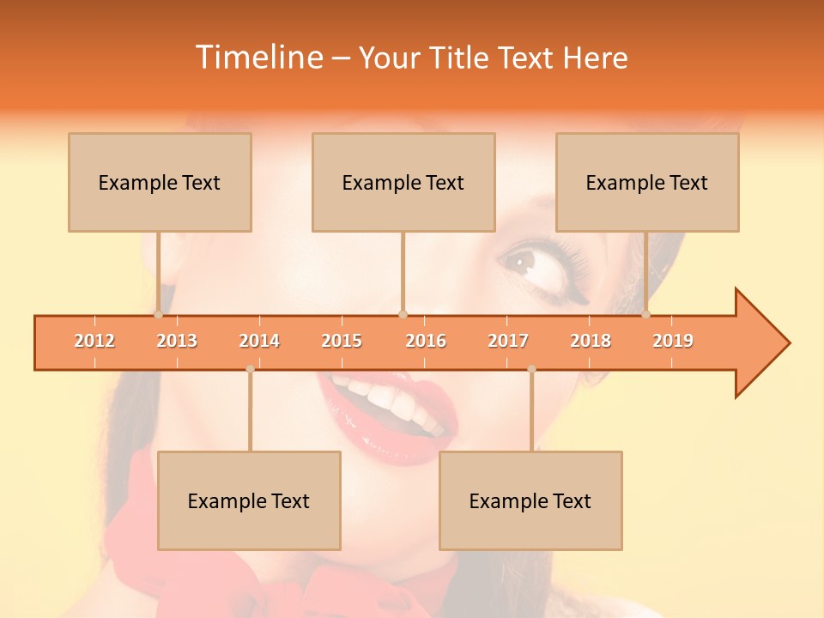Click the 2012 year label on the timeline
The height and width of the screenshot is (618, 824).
pyautogui.click(x=94, y=341)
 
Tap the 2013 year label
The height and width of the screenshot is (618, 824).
pyautogui.click(x=177, y=341)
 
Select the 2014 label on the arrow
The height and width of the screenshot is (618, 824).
pyautogui.click(x=259, y=341)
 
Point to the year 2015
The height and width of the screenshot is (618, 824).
pyautogui.click(x=342, y=341)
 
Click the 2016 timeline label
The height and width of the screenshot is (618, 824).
pyautogui.click(x=426, y=341)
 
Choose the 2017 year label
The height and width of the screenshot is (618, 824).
pyautogui.click(x=508, y=341)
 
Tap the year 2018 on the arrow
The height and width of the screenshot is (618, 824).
pyautogui.click(x=591, y=341)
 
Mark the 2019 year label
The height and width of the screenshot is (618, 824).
pyautogui.click(x=673, y=341)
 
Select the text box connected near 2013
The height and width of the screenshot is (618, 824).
pyautogui.click(x=160, y=182)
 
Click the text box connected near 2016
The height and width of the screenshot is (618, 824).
pyautogui.click(x=403, y=182)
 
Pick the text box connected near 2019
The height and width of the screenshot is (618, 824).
pyautogui.click(x=647, y=182)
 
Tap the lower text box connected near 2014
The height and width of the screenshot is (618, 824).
pyautogui.click(x=249, y=500)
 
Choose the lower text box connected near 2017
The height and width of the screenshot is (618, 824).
pyautogui.click(x=530, y=500)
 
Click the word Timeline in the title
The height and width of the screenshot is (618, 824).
pyautogui.click(x=259, y=58)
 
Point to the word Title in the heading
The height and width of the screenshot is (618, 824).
pyautogui.click(x=461, y=58)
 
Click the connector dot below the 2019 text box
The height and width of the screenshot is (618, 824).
pyautogui.click(x=645, y=314)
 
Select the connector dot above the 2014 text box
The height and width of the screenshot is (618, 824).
pyautogui.click(x=250, y=369)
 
